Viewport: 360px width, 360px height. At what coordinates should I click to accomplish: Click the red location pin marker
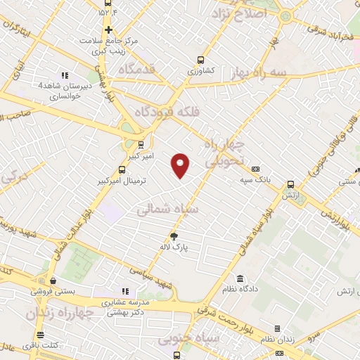point(181,165)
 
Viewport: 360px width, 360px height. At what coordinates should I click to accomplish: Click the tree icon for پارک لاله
point(175,236)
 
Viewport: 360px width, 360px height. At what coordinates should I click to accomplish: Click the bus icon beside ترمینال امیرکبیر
point(122,169)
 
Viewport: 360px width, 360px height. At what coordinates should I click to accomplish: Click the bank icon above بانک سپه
point(255,169)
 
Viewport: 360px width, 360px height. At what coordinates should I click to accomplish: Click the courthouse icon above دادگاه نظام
point(240,279)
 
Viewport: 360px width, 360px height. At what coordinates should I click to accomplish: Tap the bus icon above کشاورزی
point(202,60)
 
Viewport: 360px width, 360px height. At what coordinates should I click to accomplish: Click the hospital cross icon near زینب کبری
point(108,30)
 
